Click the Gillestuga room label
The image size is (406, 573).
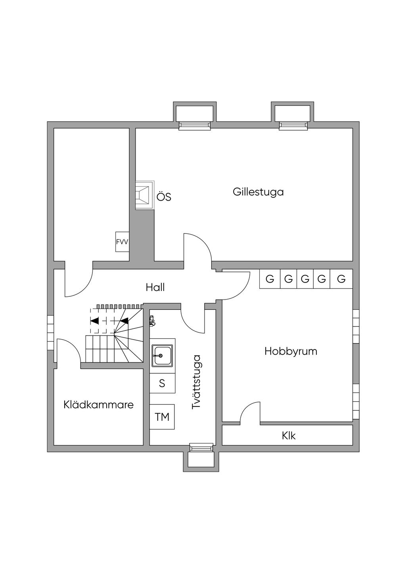click(258, 192)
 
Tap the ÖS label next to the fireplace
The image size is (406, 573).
click(164, 197)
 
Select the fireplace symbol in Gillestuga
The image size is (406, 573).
click(144, 195)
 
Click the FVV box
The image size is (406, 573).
click(122, 242)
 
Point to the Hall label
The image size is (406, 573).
click(155, 287)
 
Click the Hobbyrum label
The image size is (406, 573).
click(291, 351)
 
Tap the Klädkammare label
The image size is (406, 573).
click(98, 405)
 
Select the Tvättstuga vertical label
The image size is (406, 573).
click(196, 382)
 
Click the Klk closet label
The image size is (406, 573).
click(289, 436)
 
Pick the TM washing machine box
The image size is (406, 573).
click(162, 417)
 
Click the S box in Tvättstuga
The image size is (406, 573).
click(162, 383)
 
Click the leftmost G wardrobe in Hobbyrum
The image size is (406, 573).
click(270, 279)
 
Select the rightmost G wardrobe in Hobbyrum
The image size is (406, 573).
click(341, 279)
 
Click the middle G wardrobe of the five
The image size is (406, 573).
click(305, 279)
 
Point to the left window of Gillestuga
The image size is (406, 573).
click(194, 126)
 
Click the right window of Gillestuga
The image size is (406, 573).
click(293, 126)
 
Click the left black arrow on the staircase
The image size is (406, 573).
click(95, 321)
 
